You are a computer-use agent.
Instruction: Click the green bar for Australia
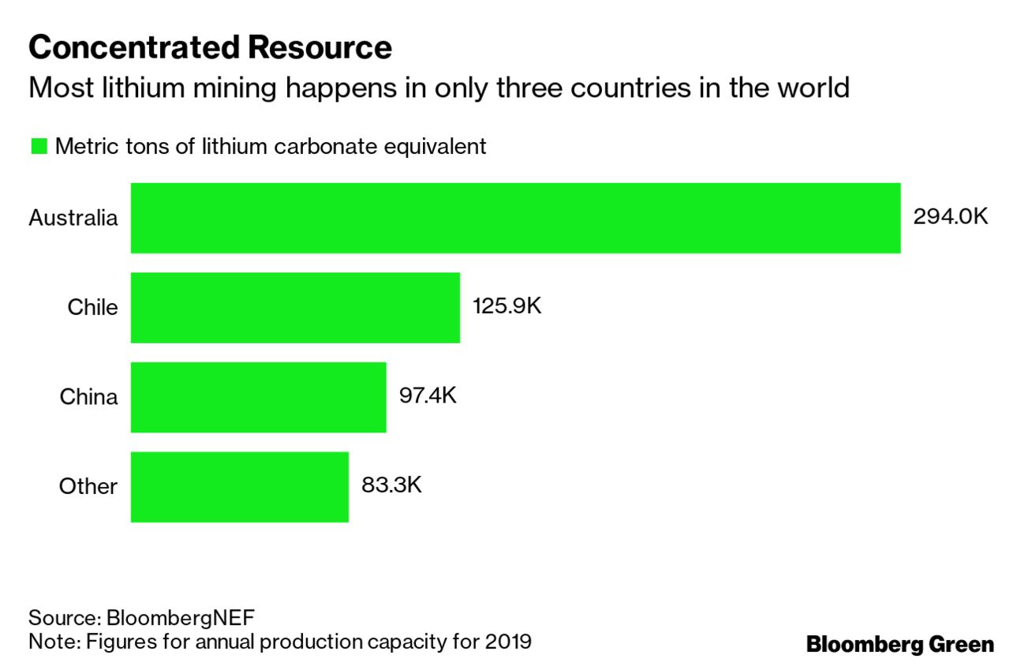coord(515,219)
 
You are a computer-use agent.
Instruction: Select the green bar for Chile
coord(295,308)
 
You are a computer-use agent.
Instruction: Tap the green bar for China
coord(258,397)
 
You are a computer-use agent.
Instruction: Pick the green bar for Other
coord(239,487)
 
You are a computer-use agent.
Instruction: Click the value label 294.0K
coord(950,217)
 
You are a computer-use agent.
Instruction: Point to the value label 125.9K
coord(507,306)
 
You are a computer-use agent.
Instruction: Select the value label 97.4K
coord(428,395)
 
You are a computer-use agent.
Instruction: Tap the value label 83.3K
coord(391,485)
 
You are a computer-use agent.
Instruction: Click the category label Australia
coord(73,218)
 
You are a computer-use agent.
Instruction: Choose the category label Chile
coord(92,307)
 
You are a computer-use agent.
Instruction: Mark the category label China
coord(88,396)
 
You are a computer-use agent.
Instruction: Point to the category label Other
coord(88,486)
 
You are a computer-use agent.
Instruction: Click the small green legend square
coord(38,147)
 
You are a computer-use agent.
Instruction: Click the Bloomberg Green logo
coord(899,644)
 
